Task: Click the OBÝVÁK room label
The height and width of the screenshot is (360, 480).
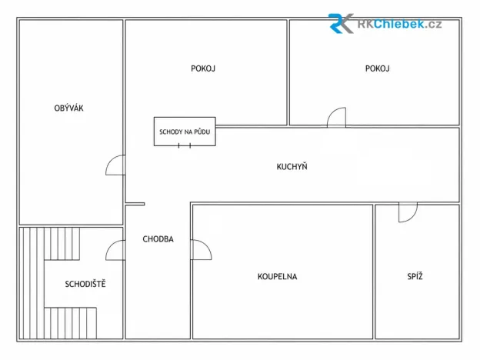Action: pos(68,108)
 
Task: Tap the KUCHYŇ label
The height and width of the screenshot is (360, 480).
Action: pos(292,166)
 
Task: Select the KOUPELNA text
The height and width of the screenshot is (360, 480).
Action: pos(278,276)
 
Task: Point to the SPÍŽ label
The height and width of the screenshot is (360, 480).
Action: pos(415,276)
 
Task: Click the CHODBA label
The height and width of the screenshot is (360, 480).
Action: pos(158,238)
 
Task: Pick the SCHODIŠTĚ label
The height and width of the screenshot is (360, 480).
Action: pos(85,284)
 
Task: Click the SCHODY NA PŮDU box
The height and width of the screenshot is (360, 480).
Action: pos(185,132)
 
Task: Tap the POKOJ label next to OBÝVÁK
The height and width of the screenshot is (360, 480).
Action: pos(203,68)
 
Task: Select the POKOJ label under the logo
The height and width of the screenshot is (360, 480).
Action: pos(377,68)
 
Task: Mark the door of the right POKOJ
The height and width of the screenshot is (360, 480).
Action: pos(332,112)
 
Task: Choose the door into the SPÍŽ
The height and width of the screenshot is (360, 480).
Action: pos(413,217)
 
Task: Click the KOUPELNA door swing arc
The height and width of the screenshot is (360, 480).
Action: pos(208,246)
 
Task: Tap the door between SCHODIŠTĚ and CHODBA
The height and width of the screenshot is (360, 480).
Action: pos(109,246)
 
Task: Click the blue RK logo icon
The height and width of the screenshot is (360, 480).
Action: pos(341,23)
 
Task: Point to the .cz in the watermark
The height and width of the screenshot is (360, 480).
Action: pos(434,25)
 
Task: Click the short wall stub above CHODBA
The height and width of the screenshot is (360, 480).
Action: pos(135,204)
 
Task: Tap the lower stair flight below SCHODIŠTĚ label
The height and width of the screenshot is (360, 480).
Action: pos(71,323)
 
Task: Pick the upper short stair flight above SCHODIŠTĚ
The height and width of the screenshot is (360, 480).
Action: pos(62,244)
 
